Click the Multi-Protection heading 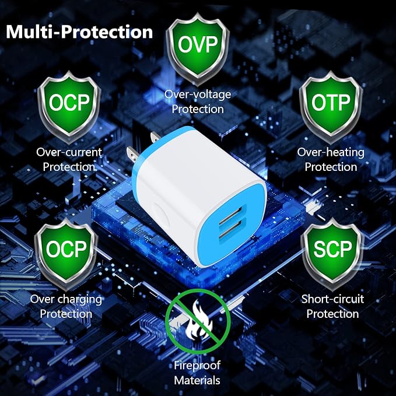[x=79, y=32]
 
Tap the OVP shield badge [x=198, y=48]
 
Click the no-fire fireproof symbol [x=198, y=321]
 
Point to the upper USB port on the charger [x=230, y=215]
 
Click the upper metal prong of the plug [x=155, y=137]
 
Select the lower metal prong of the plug [x=132, y=155]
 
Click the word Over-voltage [x=198, y=94]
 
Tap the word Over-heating [x=331, y=152]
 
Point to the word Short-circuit [x=332, y=299]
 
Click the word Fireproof [x=197, y=366]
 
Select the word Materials [x=197, y=380]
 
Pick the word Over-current [x=69, y=152]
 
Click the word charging [x=79, y=300]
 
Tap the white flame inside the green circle [x=198, y=320]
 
